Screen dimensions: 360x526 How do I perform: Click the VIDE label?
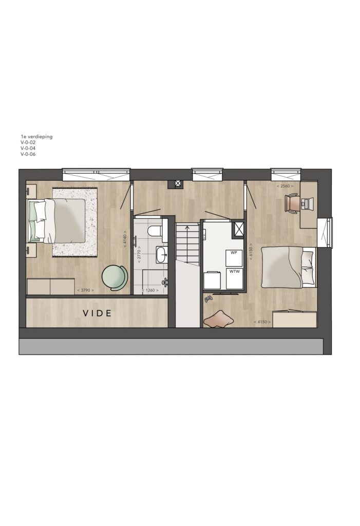(97, 313)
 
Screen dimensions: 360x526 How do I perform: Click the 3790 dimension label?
(85, 290)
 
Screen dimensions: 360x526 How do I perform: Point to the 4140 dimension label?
(125, 239)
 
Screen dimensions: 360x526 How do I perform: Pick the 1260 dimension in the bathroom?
(150, 290)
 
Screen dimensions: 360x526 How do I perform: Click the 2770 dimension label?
(138, 254)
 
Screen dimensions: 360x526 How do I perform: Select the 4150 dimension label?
(262, 322)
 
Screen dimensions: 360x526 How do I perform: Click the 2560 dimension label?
(285, 186)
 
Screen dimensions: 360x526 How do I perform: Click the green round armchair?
(115, 277)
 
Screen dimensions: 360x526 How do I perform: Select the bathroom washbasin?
(162, 254)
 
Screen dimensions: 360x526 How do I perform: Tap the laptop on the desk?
(307, 202)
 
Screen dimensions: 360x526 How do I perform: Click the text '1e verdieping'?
(36, 137)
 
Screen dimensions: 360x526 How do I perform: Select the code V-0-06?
(28, 154)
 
